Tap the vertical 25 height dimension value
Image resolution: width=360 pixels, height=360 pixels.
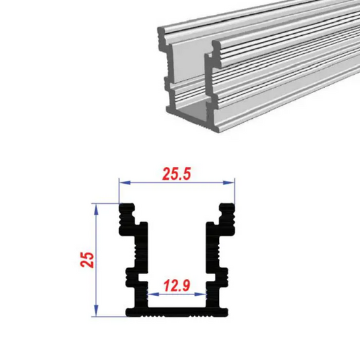click(86, 260)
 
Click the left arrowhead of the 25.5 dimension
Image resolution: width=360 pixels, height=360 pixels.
click(122, 182)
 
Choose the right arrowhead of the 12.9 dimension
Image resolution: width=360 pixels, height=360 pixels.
click(205, 294)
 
